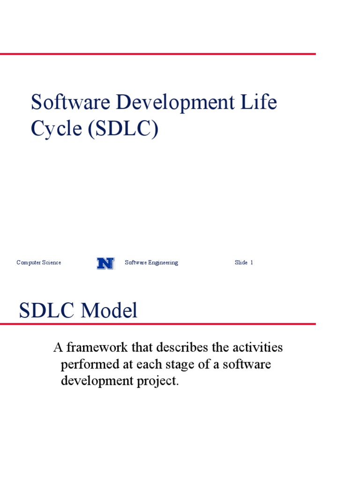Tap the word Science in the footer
pos(51,262)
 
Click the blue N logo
pos(105,263)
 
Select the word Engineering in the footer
pos(162,262)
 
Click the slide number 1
pos(252,262)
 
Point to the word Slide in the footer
pos(241,262)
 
